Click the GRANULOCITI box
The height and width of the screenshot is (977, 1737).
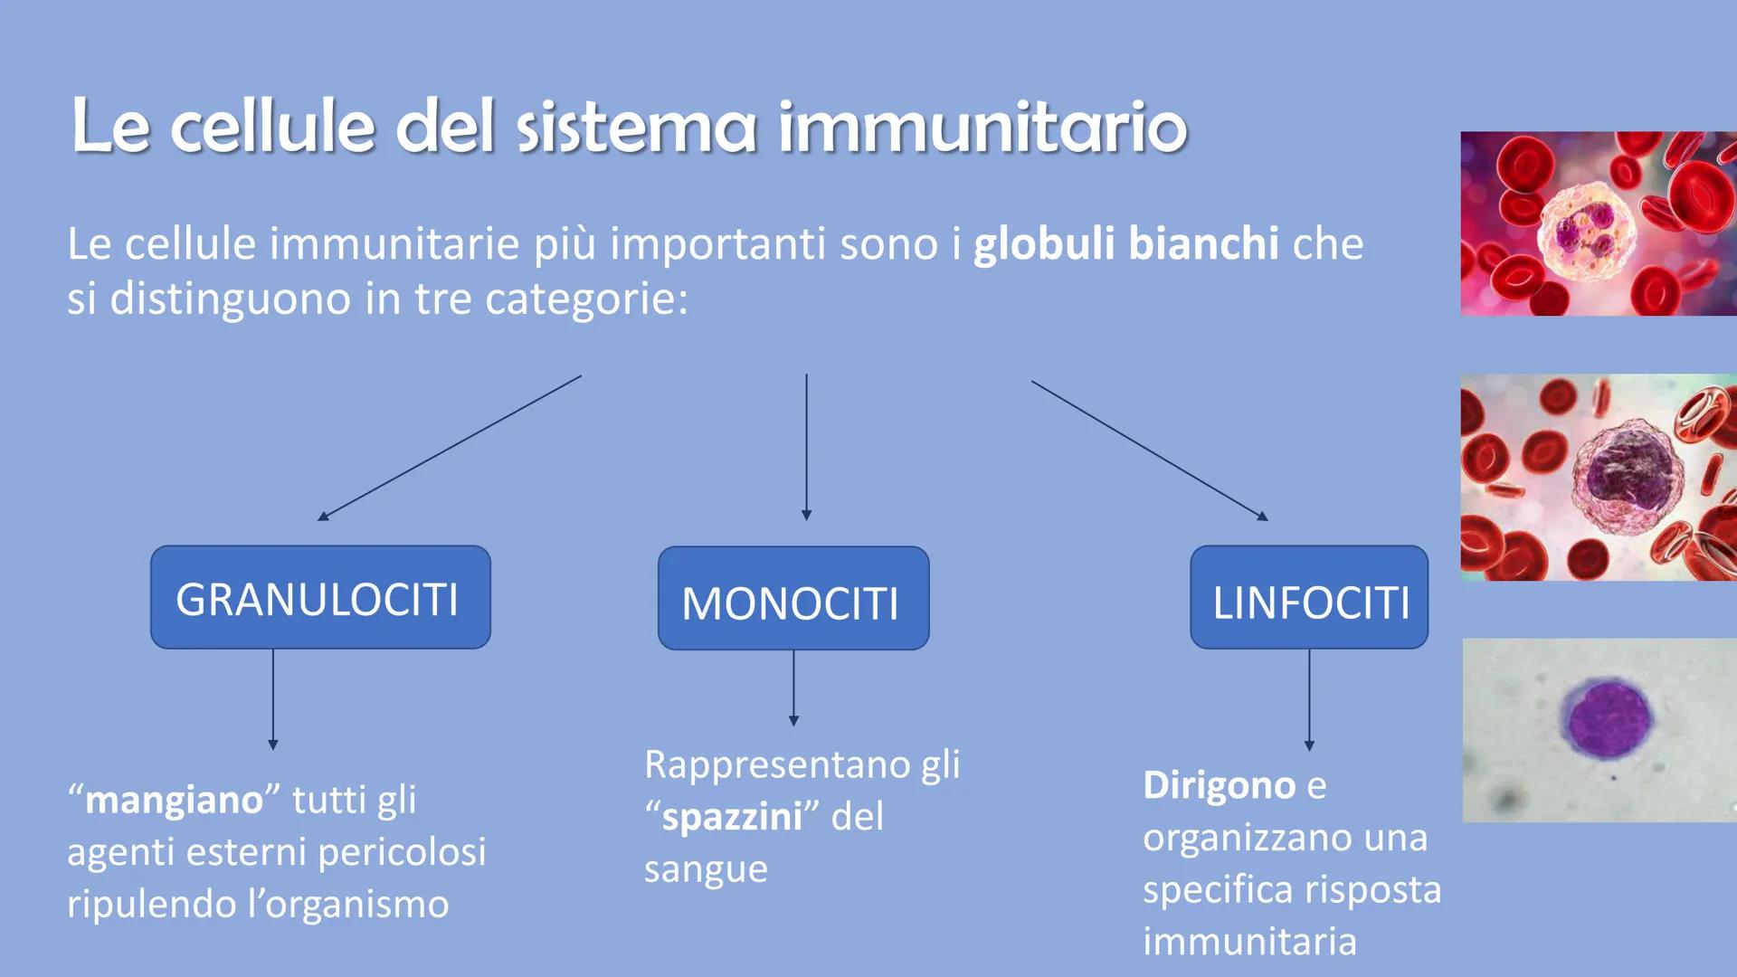(320, 597)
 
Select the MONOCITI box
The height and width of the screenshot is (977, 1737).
(793, 598)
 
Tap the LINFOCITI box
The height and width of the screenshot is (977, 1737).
(1309, 597)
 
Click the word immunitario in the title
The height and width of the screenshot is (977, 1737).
(982, 126)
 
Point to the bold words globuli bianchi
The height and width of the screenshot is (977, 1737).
(1126, 244)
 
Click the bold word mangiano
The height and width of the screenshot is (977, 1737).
(174, 801)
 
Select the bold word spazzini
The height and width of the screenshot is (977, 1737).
(732, 818)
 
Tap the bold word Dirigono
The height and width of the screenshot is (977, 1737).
(1220, 784)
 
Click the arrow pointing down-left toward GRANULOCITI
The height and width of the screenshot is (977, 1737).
(450, 448)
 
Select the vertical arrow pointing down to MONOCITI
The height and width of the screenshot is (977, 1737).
(806, 447)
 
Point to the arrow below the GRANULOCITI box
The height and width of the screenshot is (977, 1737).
(272, 699)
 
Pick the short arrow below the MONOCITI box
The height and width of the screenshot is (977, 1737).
(793, 688)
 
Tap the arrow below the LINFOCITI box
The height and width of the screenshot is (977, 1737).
(1309, 700)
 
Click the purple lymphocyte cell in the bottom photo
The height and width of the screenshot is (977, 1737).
(1604, 718)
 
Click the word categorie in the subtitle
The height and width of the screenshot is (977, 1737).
(586, 299)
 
